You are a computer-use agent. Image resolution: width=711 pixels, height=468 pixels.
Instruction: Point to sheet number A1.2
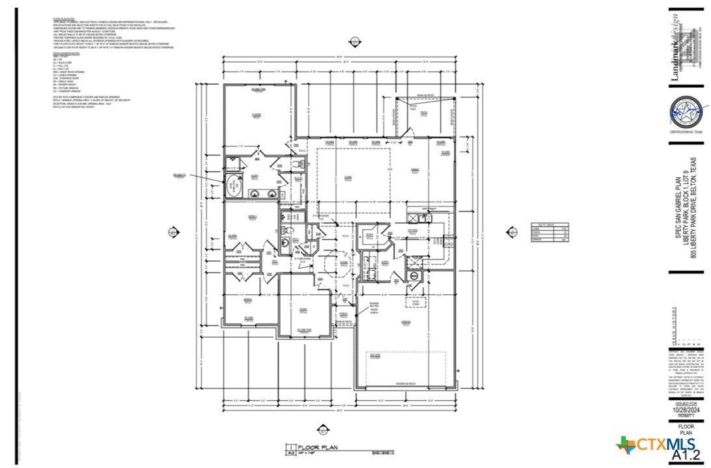point(686,455)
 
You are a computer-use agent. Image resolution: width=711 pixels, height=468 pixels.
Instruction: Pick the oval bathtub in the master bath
point(233,185)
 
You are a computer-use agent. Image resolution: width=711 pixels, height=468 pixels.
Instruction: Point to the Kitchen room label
point(412,230)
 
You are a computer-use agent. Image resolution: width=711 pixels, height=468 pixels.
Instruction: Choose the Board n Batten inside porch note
point(374,307)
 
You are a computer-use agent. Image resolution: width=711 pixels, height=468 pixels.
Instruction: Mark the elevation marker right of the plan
point(512,231)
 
